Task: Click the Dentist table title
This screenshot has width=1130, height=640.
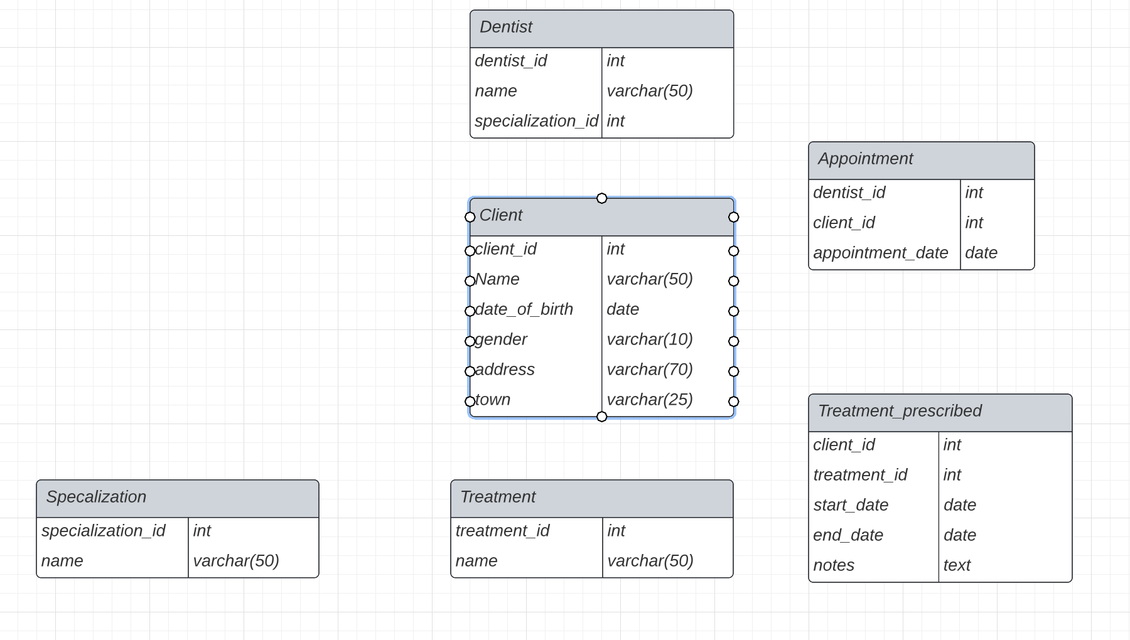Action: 506,27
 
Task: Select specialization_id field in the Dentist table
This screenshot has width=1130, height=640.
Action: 536,121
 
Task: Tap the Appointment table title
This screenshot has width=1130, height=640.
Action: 865,159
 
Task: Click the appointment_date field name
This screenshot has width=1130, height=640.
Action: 880,253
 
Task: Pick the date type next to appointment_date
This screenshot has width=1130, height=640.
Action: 981,253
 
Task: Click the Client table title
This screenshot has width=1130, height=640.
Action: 500,215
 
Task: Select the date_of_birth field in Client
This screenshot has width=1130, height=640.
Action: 524,309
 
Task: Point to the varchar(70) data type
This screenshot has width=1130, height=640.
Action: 649,370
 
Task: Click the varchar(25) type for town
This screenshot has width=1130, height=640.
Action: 649,400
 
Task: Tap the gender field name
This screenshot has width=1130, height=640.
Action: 501,339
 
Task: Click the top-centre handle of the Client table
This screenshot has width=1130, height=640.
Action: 601,198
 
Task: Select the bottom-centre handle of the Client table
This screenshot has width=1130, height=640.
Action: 601,417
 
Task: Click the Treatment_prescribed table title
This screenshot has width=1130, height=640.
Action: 899,411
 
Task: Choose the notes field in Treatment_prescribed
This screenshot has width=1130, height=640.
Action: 833,565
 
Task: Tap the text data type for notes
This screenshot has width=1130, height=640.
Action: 956,565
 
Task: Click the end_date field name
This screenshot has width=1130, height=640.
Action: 847,535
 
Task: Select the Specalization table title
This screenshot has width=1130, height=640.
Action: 95,497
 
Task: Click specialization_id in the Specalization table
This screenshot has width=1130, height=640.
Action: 103,531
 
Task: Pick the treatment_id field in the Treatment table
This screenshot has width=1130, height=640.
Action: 502,531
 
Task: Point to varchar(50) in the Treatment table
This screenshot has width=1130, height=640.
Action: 650,561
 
